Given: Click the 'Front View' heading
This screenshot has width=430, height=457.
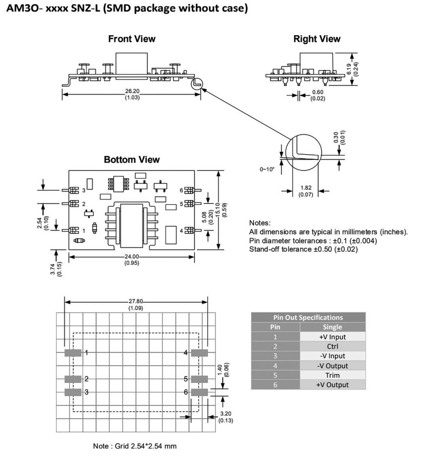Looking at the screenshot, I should (x=132, y=39).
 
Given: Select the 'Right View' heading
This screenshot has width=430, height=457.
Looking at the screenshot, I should (x=317, y=39).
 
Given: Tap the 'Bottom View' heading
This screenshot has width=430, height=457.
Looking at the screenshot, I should (x=132, y=159).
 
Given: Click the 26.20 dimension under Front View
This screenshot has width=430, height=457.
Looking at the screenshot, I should (x=132, y=91).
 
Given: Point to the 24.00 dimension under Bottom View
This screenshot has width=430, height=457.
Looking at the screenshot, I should (x=132, y=257).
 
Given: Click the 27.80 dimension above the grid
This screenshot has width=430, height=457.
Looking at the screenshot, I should (x=136, y=301).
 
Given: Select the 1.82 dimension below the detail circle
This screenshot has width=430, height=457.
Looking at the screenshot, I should (x=306, y=188).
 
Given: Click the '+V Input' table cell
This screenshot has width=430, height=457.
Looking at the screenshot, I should (x=332, y=337).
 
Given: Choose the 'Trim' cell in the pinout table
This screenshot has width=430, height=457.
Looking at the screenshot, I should (x=332, y=375).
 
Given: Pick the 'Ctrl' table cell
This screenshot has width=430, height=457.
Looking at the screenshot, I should (x=332, y=346).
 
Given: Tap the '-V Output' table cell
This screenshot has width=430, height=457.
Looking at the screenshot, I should (x=332, y=366).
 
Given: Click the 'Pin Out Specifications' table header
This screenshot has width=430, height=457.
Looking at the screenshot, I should (x=308, y=317).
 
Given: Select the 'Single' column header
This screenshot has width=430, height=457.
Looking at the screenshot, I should (x=332, y=327).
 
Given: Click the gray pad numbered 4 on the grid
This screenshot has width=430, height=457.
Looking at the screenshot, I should (x=199, y=353).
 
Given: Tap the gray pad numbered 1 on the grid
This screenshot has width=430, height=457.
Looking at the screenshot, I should (x=73, y=353).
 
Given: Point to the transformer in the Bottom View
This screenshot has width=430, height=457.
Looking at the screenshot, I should (x=132, y=224).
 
